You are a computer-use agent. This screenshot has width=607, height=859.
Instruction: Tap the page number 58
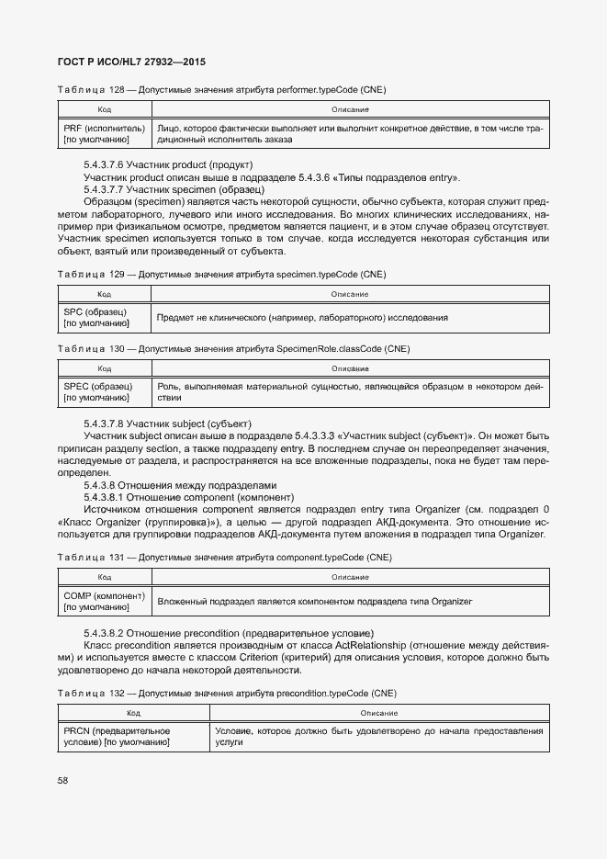point(63,781)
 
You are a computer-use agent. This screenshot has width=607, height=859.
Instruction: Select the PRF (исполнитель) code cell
point(104,134)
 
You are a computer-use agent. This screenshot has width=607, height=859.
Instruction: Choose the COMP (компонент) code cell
point(104,601)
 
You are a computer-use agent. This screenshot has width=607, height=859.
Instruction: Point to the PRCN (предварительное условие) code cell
point(134,736)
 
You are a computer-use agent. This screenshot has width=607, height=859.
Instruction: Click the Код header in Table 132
point(134,712)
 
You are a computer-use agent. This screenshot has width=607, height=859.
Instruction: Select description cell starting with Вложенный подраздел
point(314,602)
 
